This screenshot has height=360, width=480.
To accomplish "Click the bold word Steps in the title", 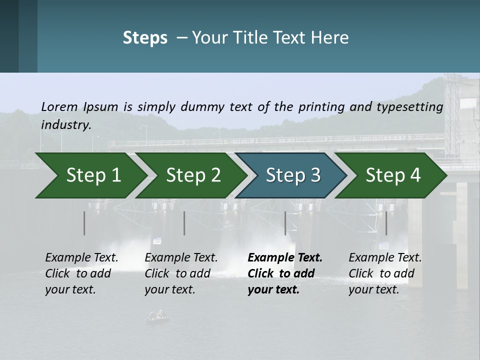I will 145,38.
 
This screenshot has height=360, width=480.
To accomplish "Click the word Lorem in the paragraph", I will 59,106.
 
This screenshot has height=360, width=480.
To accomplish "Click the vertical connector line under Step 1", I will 84,223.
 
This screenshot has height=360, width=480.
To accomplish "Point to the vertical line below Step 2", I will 184,223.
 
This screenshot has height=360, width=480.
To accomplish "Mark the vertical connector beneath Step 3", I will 285,223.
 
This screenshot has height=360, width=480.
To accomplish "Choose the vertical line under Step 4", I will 386,223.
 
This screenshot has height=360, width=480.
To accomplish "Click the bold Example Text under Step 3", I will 285,257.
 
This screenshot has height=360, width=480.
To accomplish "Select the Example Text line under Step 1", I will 81,257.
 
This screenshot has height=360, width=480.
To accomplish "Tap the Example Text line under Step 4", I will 385,257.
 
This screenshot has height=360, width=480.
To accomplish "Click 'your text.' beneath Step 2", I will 169,289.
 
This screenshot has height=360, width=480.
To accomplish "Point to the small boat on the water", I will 157,315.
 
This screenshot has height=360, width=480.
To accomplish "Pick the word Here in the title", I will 331,38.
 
